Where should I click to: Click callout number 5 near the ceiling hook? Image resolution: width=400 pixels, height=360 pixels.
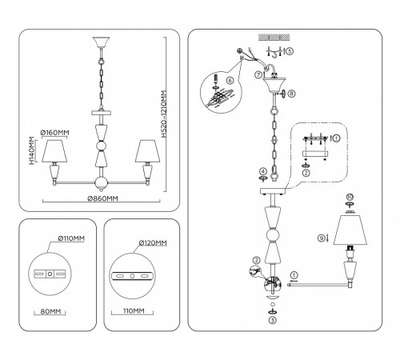290,51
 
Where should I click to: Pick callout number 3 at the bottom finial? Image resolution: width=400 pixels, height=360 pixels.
273,318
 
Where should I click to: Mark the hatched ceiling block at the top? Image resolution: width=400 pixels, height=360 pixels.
272,38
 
